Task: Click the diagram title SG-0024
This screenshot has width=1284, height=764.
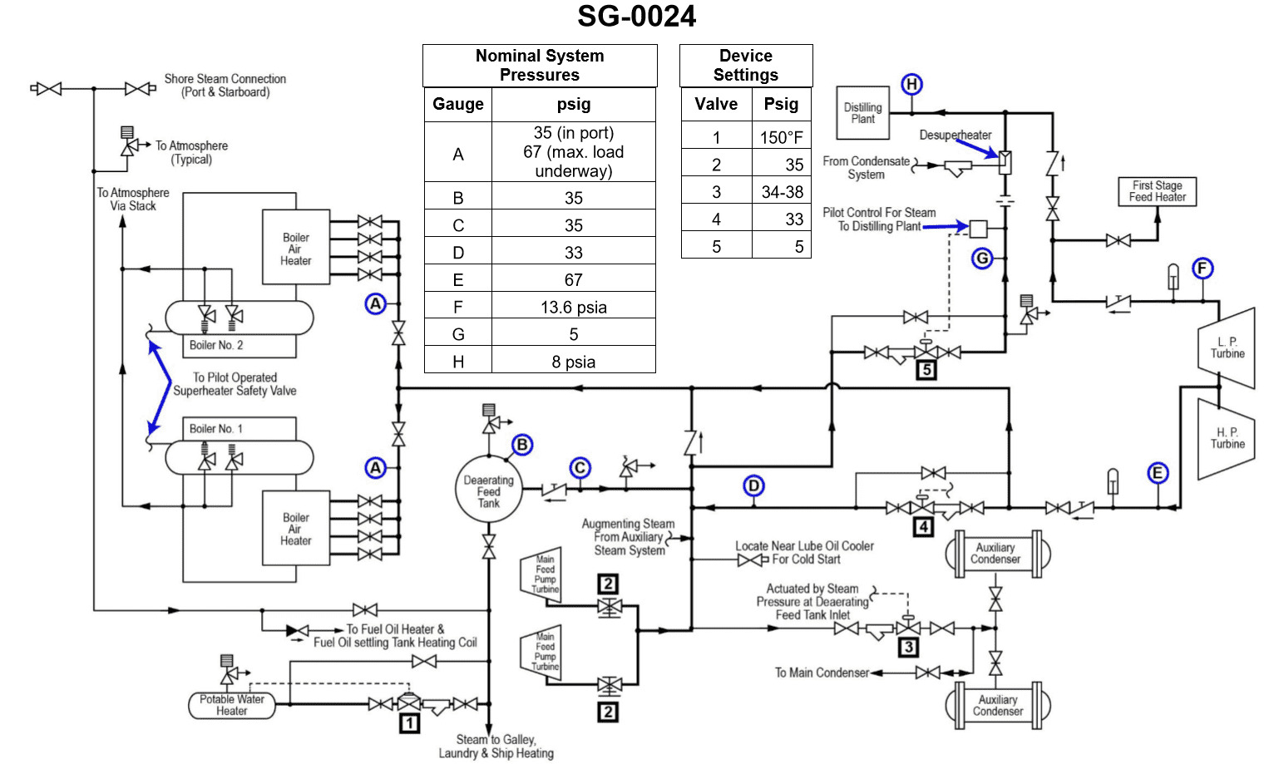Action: tap(636, 16)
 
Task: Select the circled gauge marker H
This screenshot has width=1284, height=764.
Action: tap(911, 84)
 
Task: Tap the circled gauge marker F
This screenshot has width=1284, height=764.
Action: tap(1203, 269)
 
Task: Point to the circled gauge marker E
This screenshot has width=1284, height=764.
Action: tap(1158, 473)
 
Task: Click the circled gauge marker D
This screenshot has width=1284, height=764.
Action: tap(753, 486)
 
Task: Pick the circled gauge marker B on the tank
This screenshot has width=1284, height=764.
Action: tap(522, 445)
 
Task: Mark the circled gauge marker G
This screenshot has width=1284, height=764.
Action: tap(982, 258)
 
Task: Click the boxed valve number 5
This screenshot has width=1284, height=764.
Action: tap(926, 370)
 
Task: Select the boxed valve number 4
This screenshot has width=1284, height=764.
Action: tap(923, 526)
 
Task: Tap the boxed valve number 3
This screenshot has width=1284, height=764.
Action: tap(908, 647)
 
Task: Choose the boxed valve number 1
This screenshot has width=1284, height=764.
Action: tap(408, 723)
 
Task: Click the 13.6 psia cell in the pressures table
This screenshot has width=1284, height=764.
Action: tap(573, 307)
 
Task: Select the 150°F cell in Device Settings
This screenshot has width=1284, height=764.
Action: tap(781, 137)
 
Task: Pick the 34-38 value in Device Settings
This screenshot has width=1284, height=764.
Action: tap(782, 192)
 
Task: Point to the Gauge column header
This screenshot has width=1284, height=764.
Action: tap(457, 104)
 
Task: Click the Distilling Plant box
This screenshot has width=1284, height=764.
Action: tap(862, 113)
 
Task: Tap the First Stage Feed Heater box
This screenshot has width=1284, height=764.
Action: tap(1157, 191)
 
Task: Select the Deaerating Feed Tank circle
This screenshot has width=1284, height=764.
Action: tap(488, 490)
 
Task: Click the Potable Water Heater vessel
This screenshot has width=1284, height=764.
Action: tap(231, 705)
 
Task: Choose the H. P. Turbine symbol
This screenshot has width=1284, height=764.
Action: tap(1226, 438)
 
